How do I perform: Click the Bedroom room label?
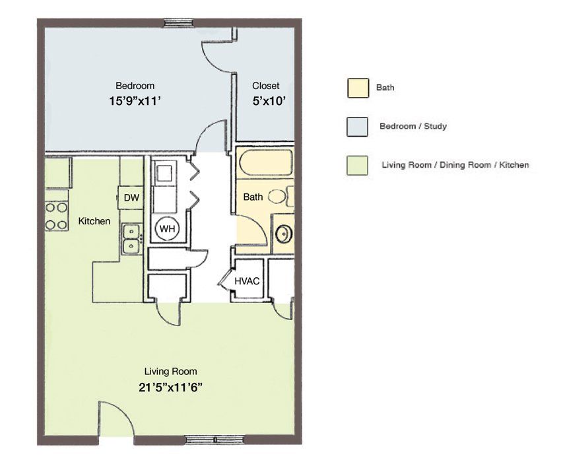135,86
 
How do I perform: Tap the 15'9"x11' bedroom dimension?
134,101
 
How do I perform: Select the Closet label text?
266,86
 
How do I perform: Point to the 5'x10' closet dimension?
269,101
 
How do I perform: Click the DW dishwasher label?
131,197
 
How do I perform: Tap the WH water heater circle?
167,228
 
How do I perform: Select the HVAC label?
247,281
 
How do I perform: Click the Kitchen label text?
94,221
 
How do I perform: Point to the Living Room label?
171,372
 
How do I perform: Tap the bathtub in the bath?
266,162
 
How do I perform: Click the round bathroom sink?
284,234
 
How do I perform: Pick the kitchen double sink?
131,239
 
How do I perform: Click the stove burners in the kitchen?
57,216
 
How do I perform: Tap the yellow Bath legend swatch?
358,88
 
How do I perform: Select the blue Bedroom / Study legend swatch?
358,127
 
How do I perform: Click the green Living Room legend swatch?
358,166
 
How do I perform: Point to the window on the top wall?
179,23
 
